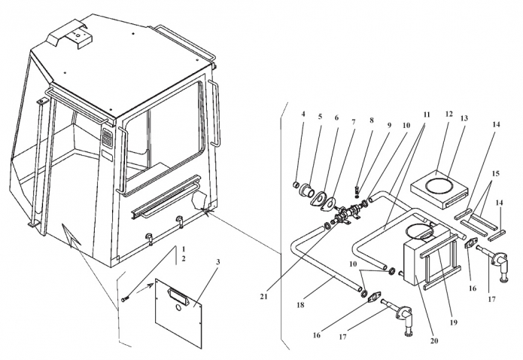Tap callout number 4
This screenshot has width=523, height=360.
303,114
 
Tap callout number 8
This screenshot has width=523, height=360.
371,118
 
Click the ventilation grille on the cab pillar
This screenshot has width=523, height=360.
106,140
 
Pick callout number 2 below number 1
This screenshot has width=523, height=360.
183,259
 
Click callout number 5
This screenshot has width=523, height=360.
319,117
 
